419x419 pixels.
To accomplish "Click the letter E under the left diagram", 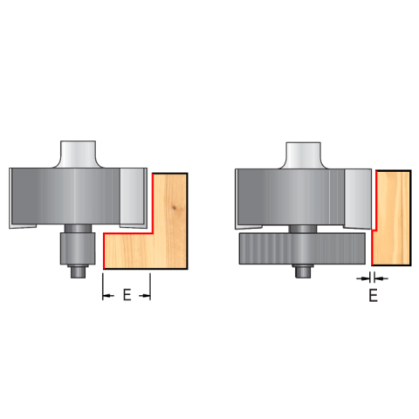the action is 127,295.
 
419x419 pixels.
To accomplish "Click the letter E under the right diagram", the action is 374,295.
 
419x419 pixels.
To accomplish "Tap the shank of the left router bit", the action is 78,155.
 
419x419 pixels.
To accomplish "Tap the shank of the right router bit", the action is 304,155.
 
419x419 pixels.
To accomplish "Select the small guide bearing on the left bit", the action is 78,248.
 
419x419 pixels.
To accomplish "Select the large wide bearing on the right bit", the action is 302,249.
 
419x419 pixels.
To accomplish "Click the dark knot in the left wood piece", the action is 175,208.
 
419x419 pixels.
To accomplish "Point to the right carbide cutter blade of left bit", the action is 134,198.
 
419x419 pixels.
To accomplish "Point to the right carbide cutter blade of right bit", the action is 358,198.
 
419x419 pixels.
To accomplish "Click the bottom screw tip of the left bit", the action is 78,272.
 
